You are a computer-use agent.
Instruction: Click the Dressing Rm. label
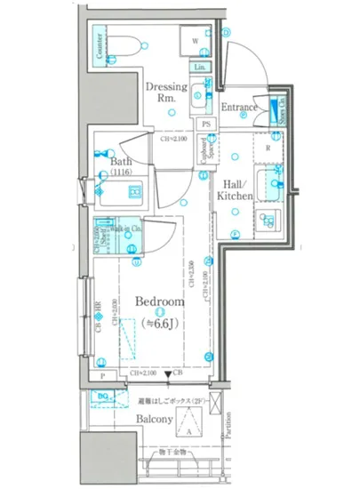[x=165, y=92]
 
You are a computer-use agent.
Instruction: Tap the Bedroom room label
[x=160, y=302]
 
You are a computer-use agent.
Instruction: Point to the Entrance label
[x=239, y=108]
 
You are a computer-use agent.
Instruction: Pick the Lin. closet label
[x=199, y=68]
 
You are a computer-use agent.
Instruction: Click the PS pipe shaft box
[x=205, y=124]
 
